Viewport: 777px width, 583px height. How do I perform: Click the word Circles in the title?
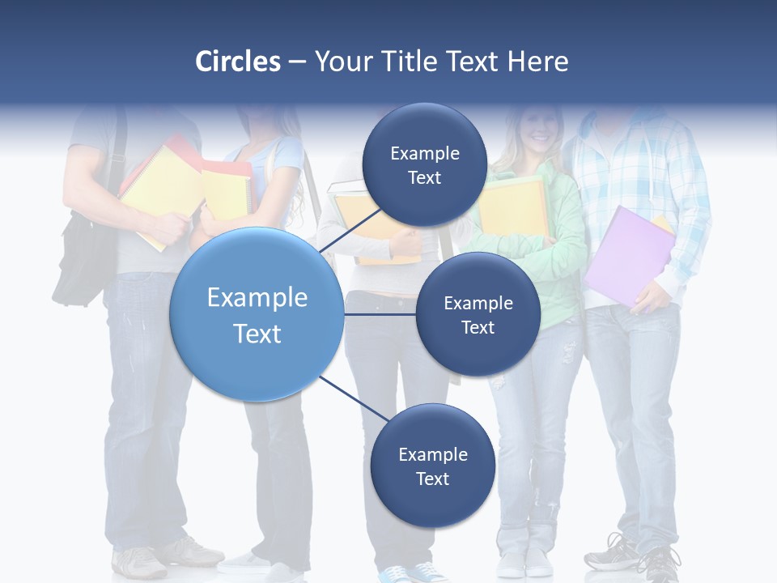click(238, 62)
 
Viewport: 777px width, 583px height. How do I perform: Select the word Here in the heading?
click(537, 62)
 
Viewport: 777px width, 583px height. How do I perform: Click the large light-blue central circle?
click(257, 314)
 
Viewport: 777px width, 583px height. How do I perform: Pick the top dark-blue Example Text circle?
click(424, 165)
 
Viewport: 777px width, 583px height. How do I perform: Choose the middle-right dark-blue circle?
click(478, 314)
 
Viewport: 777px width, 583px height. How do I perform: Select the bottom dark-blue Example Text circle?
click(432, 466)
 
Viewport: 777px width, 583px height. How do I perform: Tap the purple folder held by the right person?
click(626, 255)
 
